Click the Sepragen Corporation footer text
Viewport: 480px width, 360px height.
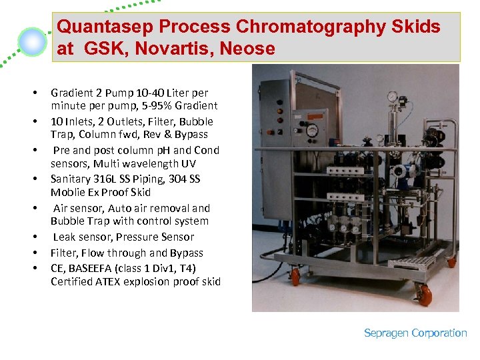click(415, 333)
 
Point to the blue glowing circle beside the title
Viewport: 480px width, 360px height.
click(33, 42)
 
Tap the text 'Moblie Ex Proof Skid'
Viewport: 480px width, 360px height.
click(101, 192)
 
